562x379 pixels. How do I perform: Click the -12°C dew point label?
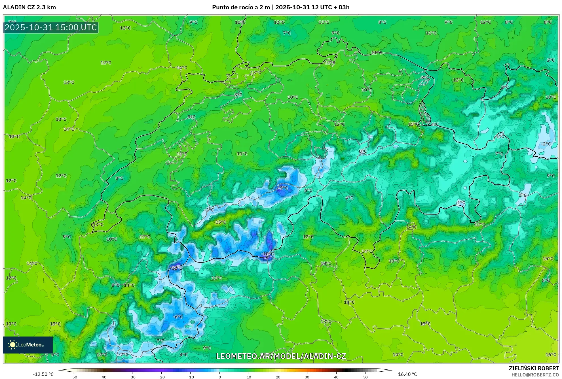click(x=176, y=268)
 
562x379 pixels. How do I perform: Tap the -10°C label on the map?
click(x=267, y=254)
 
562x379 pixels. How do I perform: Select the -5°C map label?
click(x=282, y=188)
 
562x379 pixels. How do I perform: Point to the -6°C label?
click(x=178, y=316)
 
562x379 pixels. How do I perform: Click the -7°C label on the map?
click(x=123, y=354)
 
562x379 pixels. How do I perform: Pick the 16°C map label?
click(x=551, y=354)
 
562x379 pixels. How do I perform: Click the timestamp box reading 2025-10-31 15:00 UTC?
click(x=51, y=27)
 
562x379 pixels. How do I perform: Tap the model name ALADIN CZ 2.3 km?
click(x=29, y=7)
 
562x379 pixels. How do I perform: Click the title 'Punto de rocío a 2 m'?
click(x=241, y=7)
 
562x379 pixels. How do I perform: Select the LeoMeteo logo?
click(x=28, y=345)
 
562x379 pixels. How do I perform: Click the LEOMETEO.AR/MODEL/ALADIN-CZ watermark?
click(x=281, y=356)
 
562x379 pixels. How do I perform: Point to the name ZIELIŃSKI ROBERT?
click(x=534, y=368)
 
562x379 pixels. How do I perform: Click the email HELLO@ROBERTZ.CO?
click(x=535, y=375)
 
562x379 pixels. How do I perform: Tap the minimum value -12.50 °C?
click(x=43, y=374)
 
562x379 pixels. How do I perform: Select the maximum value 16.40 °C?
click(x=407, y=374)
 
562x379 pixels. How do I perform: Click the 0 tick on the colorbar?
click(x=220, y=377)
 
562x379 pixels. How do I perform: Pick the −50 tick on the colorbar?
click(x=74, y=377)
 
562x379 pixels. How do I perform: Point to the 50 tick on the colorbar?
click(x=365, y=377)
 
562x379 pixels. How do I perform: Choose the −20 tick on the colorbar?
click(x=161, y=377)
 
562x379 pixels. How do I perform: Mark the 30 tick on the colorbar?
click(x=307, y=377)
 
